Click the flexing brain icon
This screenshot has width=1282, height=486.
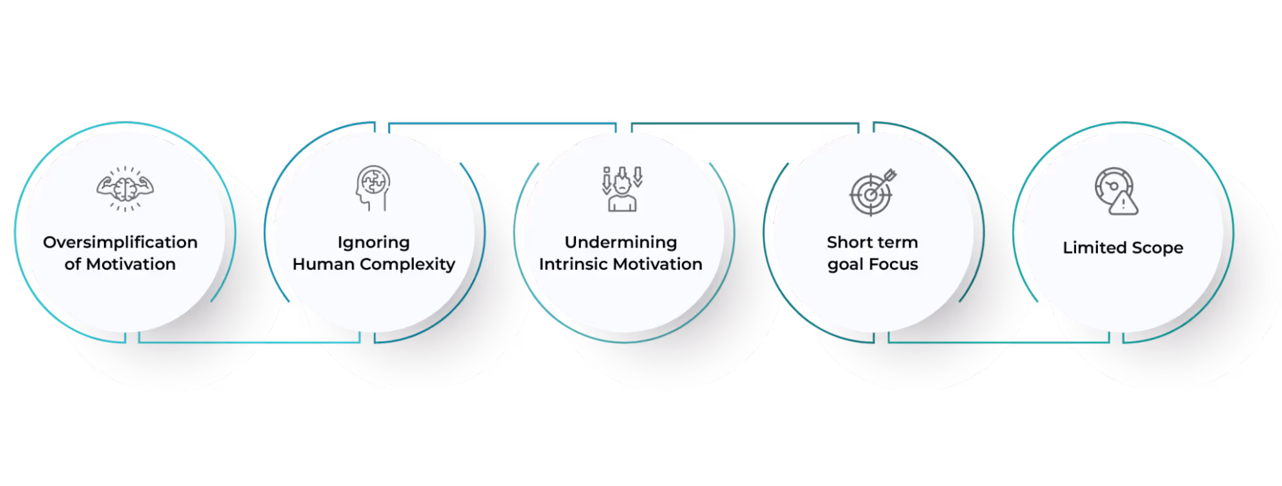[x=125, y=189]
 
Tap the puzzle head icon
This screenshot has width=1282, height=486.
[x=373, y=188]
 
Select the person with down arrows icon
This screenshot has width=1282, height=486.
[x=621, y=189]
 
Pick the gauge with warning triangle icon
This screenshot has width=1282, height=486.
[x=1116, y=190]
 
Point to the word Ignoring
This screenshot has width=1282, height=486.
[x=373, y=243]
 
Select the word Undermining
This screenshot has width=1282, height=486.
[x=620, y=242]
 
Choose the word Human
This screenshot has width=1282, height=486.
[x=323, y=264]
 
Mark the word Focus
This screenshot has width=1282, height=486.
[x=894, y=264]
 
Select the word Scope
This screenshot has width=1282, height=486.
[x=1158, y=248]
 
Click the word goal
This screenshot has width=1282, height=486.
[x=845, y=265]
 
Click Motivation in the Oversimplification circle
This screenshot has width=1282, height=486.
[x=131, y=264]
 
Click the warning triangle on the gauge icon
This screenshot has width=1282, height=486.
[x=1124, y=205]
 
